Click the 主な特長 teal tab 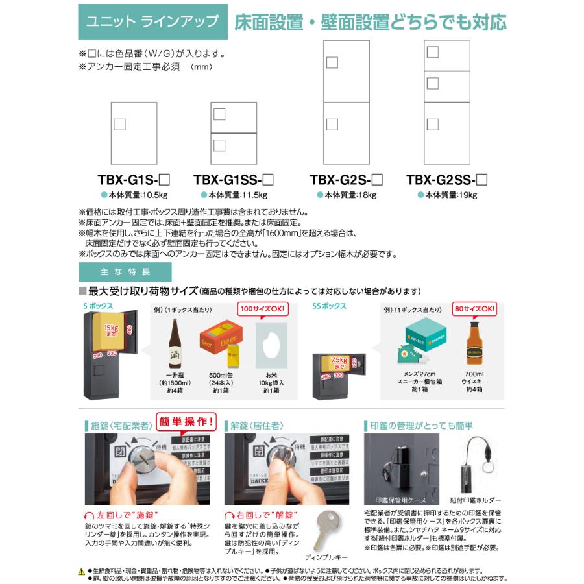coord(116,271)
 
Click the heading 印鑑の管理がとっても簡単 coord(422,426)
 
